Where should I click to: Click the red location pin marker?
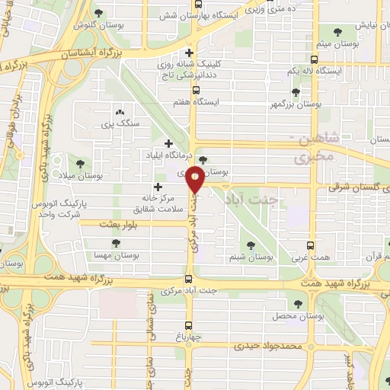pos(196,178)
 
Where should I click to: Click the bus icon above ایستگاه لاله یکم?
pos(315,59)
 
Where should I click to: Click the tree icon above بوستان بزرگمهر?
pos(296,91)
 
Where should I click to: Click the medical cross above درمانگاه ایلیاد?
pos(169,142)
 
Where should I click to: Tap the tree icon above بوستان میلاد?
pos(81,163)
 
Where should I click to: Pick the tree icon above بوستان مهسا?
pos(115,243)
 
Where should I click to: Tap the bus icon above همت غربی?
pos(310,245)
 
